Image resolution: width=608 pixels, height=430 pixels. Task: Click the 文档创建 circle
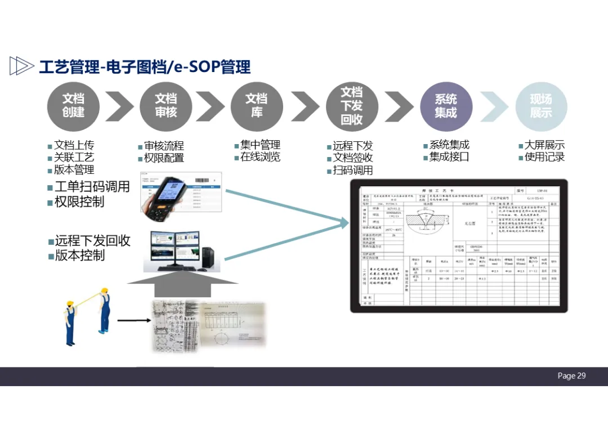[x=73, y=106]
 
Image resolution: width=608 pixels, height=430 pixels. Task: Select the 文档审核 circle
[x=166, y=106]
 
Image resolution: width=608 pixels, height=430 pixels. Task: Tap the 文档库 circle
[x=257, y=106]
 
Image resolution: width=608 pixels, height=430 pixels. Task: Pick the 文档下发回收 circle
[x=351, y=106]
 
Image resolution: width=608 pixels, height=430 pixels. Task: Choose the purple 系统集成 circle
[x=446, y=106]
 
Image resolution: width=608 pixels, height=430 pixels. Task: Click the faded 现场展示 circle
[x=541, y=106]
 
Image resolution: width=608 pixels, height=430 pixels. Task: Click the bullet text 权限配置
[x=164, y=158]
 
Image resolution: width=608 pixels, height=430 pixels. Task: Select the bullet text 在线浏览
[x=260, y=157]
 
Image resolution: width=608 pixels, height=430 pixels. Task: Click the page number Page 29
[x=571, y=376]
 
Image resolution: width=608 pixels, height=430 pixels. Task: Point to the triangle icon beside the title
[x=21, y=66]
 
